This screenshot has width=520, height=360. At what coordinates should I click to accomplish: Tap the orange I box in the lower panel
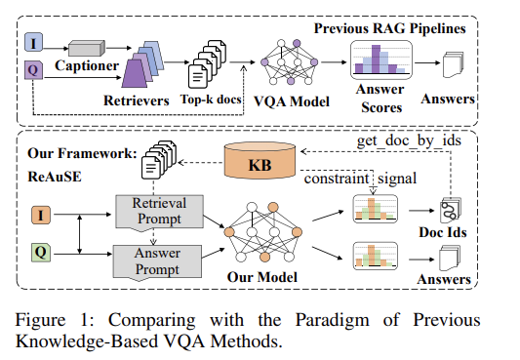click(39, 212)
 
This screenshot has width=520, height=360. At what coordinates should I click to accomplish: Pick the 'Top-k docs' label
click(211, 100)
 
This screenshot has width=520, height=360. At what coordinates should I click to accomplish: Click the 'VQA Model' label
click(289, 100)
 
